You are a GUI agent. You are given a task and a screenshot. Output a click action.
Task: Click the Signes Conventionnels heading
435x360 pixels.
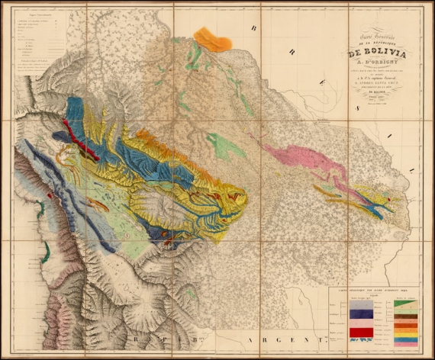point(36,15)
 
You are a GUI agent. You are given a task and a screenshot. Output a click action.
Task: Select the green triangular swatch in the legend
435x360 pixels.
point(405,304)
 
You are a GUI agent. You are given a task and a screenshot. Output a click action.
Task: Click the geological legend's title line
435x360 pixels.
point(374,291)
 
